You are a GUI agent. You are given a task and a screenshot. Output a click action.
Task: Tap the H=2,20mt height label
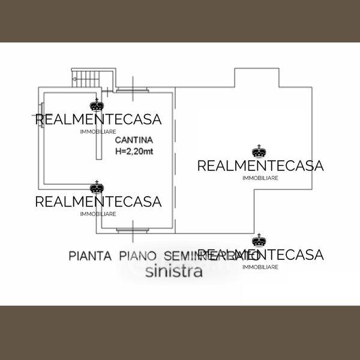click(134, 151)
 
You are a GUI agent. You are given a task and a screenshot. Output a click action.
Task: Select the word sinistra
click(174, 271)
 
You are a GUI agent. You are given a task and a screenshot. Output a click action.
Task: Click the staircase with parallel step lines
click(93, 77)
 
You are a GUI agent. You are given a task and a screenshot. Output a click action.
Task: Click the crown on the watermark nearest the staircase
click(95, 105)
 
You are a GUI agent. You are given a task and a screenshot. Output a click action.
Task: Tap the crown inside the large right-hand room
click(259, 151)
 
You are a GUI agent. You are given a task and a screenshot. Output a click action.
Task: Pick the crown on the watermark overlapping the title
click(259, 241)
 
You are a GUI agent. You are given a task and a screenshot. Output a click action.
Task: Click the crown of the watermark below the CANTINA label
click(95, 187)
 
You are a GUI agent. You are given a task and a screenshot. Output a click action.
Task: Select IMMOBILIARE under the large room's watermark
click(260, 178)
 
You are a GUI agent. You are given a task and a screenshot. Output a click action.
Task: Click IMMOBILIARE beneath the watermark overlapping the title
click(260, 267)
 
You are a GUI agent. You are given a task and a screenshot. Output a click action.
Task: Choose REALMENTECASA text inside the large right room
click(260, 166)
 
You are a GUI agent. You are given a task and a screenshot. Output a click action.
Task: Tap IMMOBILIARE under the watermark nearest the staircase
click(98, 131)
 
